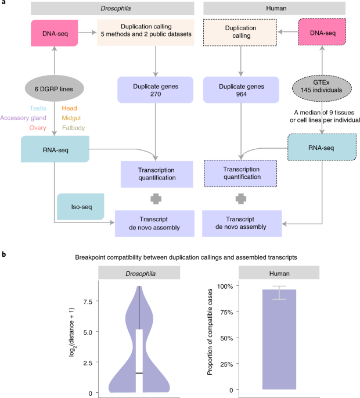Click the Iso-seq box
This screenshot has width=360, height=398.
(x=77, y=206)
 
